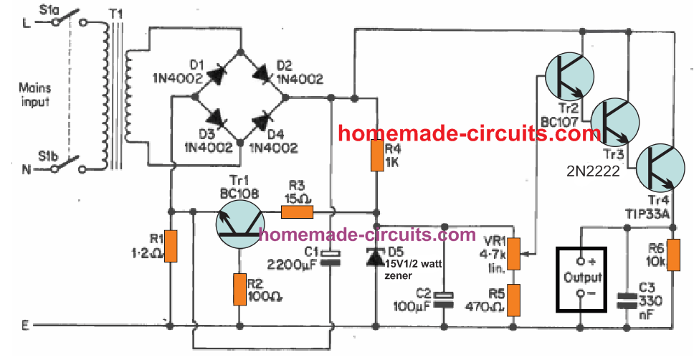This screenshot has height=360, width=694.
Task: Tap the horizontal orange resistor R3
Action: click(x=297, y=212)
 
